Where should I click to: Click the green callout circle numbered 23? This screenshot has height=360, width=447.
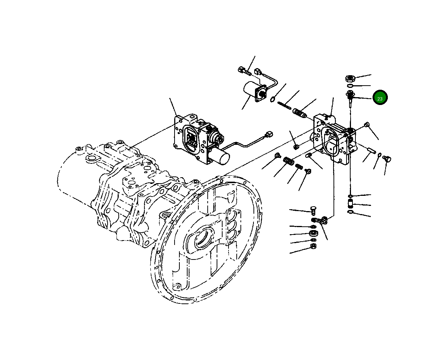click(380, 98)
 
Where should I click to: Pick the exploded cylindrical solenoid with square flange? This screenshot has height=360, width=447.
click(253, 91)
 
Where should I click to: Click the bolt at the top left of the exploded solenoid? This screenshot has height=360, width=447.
click(243, 70)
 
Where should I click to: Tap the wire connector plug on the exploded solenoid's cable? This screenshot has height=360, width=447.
click(259, 71)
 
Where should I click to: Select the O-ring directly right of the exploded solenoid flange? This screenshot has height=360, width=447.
click(272, 99)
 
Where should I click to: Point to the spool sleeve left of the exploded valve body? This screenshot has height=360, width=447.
click(299, 112)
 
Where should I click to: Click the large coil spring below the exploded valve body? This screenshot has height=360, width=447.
click(288, 161)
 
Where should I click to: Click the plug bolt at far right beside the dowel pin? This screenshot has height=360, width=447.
click(386, 159)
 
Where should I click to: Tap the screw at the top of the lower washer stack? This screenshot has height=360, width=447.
click(313, 211)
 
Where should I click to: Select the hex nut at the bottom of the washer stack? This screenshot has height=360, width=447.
click(313, 246)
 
